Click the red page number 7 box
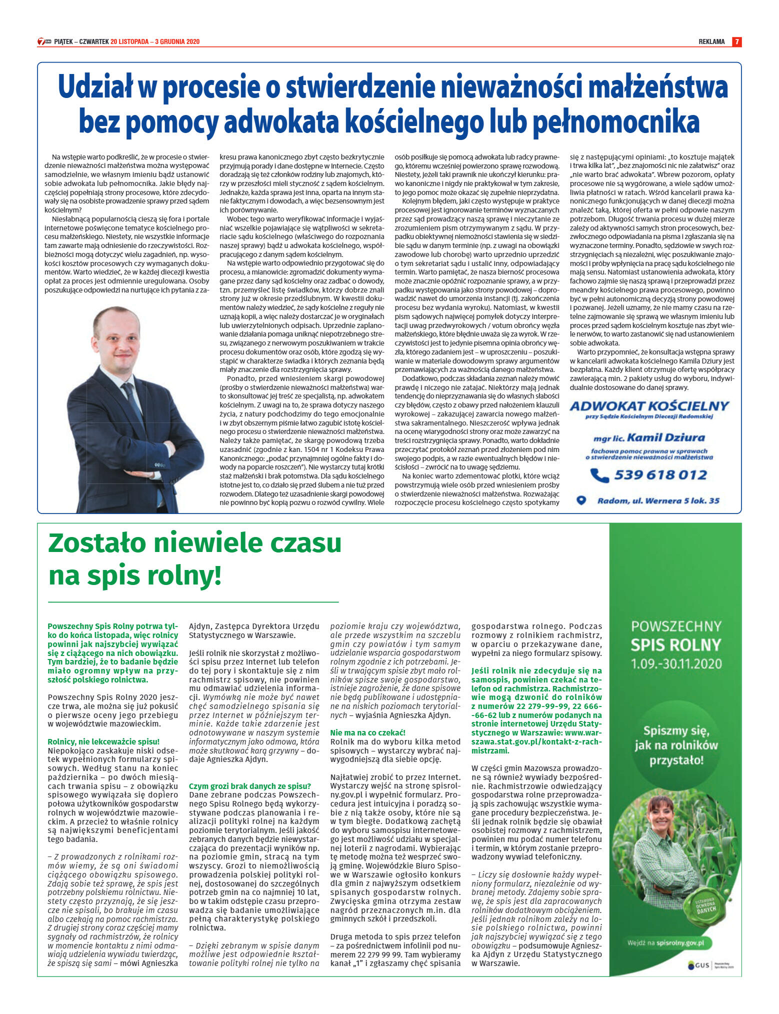[x=736, y=42]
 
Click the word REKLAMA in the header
[x=711, y=42]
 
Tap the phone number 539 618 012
[x=660, y=474]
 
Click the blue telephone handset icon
[x=599, y=475]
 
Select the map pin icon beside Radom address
[x=581, y=500]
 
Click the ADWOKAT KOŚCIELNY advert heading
[x=649, y=406]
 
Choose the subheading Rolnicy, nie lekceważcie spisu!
[x=103, y=741]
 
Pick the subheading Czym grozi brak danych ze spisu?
[x=250, y=786]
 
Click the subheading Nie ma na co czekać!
[x=368, y=732]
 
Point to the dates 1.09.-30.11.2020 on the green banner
[x=676, y=663]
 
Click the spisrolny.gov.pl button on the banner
[x=670, y=942]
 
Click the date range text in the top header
[x=154, y=42]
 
